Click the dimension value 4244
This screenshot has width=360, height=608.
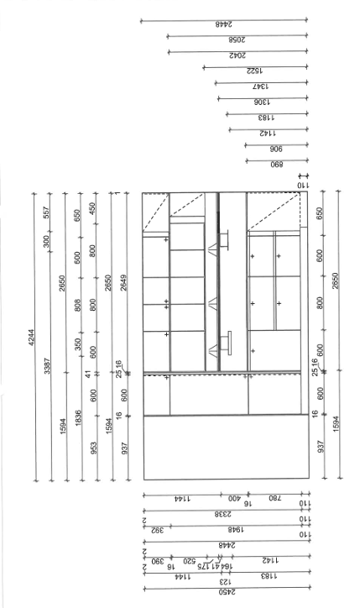(31, 337)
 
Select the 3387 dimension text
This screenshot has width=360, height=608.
(47, 366)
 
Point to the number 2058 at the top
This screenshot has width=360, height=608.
(237, 40)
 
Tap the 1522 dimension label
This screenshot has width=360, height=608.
(254, 71)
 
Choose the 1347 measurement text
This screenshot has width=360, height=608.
(261, 86)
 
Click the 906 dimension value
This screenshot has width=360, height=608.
(276, 149)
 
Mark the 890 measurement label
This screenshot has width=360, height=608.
(277, 165)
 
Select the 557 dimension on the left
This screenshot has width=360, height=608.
(46, 212)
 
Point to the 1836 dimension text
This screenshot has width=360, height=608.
(79, 418)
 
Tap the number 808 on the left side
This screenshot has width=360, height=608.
(77, 305)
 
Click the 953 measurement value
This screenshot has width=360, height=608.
(93, 448)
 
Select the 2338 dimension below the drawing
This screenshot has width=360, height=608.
(223, 514)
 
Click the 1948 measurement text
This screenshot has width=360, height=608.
(236, 530)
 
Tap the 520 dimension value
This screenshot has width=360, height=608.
(190, 561)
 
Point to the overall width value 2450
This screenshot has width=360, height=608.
(227, 592)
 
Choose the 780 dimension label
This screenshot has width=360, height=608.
(274, 498)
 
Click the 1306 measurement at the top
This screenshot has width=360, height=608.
(262, 102)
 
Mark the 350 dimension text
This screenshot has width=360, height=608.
(78, 344)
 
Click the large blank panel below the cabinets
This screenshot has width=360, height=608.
(227, 448)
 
